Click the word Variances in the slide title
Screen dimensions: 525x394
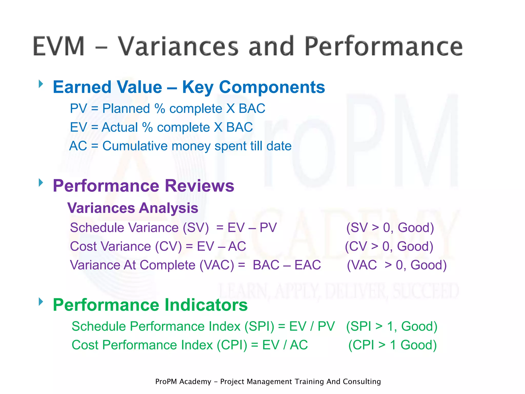[178, 46]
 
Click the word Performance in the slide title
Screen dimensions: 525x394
[383, 46]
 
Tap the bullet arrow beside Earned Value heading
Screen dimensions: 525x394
[41, 84]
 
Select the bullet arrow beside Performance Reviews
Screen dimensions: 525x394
[41, 183]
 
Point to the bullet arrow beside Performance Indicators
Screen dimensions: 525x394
[41, 302]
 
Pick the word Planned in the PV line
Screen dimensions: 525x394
[126, 109]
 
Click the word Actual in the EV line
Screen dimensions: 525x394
[120, 127]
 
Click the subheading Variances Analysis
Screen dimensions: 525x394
[133, 208]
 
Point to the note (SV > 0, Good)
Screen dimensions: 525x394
[390, 228]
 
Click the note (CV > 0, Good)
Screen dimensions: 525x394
[389, 247]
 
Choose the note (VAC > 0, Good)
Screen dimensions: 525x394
[397, 265]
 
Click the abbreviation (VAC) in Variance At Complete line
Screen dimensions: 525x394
[217, 265]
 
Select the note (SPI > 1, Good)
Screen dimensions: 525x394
[392, 327]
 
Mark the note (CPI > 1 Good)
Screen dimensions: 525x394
[392, 345]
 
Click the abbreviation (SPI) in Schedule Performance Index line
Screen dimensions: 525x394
[259, 327]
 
